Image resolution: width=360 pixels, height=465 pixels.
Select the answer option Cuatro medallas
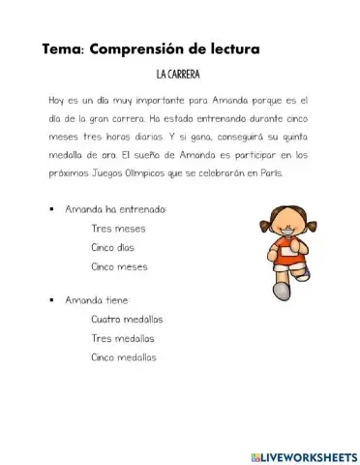127,319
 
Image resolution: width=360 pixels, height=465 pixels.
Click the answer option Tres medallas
122,338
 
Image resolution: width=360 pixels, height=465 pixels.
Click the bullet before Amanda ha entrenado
49,209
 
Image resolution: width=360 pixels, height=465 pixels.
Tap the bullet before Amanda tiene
49,300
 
